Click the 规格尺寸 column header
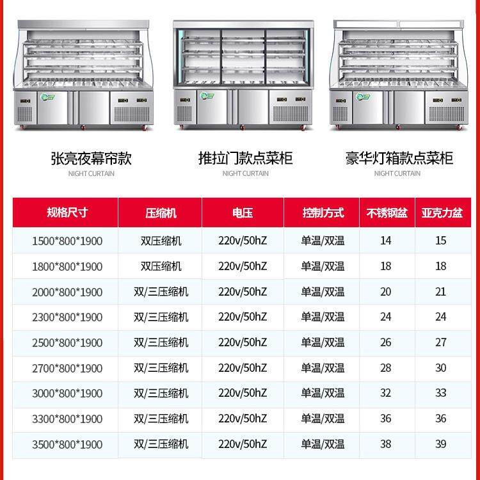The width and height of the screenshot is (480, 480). point(67,212)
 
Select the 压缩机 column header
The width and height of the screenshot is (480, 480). point(161,212)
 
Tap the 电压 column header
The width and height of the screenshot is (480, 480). point(243,212)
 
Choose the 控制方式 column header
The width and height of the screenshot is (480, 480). point(323,212)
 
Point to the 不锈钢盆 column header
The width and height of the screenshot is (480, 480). point(387,212)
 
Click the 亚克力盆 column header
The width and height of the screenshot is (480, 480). point(442,212)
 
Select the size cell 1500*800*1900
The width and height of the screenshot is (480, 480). point(67,241)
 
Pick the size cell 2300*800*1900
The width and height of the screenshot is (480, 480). point(67,317)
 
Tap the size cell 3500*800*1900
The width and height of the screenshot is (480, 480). point(67,444)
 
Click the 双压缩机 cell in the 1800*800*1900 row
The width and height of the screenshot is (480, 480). point(161,266)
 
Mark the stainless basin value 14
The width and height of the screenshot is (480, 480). point(386,241)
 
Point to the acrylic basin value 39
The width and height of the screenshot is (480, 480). point(441,444)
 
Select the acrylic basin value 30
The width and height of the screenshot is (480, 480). point(441,367)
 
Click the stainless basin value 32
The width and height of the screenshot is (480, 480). point(386,393)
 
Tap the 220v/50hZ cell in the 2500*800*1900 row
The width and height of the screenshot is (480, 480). point(243,342)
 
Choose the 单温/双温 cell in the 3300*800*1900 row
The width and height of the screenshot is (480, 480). point(323,419)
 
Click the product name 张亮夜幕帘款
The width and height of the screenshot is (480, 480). point(92,159)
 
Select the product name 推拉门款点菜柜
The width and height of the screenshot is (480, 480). point(245,158)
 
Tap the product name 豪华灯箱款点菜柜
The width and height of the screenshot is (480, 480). point(399,158)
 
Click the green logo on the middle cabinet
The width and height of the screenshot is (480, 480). point(207,96)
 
